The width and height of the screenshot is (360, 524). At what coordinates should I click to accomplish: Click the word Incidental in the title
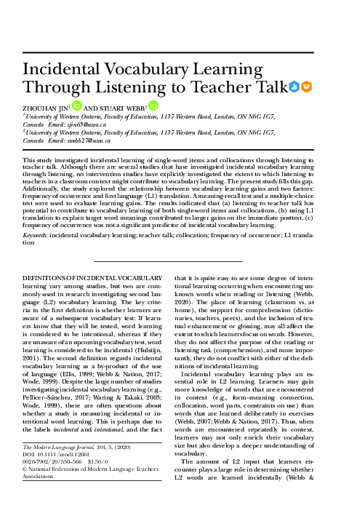click(x=65, y=69)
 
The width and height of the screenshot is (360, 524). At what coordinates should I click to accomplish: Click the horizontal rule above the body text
click(x=168, y=260)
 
